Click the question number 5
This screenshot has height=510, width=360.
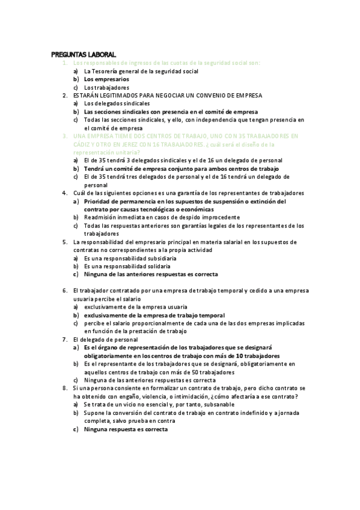(x=64, y=242)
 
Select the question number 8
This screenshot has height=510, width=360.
(x=64, y=389)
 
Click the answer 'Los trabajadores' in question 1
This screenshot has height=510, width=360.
(x=106, y=87)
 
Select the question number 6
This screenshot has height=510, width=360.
(x=64, y=290)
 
